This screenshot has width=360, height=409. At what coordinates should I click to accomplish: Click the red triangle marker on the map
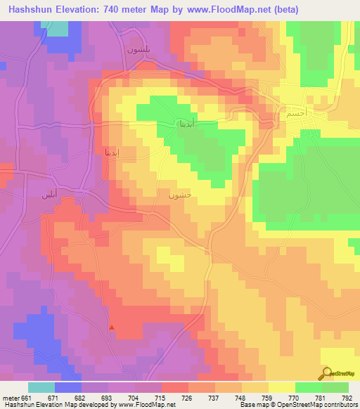click(x=111, y=327)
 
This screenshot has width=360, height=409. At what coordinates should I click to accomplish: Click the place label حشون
click(x=179, y=196)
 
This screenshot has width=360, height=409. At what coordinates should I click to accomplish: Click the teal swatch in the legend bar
click(x=41, y=387)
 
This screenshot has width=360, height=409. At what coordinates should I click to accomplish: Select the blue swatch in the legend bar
click(x=68, y=387)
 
